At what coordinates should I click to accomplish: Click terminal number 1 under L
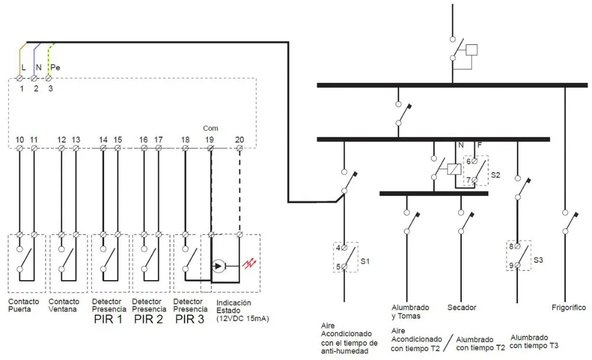(x=21, y=89)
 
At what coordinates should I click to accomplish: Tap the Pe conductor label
(x=55, y=67)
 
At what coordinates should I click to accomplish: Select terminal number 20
(x=239, y=140)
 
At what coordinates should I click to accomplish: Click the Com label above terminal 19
(x=210, y=128)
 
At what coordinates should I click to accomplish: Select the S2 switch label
(x=496, y=175)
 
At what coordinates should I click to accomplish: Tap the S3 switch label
(x=538, y=259)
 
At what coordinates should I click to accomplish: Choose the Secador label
(x=461, y=308)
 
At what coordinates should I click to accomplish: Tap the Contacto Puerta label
(x=24, y=305)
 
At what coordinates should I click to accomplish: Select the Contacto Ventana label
(x=64, y=305)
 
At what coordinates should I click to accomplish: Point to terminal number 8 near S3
(x=511, y=246)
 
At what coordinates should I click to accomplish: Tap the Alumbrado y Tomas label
(x=410, y=311)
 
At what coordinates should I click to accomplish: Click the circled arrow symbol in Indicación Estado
(x=218, y=266)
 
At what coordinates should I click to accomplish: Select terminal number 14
(x=103, y=140)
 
